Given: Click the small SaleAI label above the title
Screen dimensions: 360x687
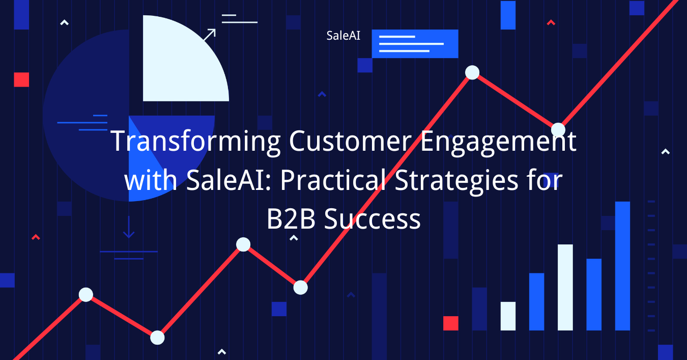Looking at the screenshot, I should [x=343, y=36].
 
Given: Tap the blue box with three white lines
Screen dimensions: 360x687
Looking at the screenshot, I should [x=415, y=44].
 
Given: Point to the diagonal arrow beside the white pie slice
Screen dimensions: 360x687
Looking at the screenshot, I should [x=209, y=35].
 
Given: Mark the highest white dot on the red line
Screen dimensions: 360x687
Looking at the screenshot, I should [x=472, y=72].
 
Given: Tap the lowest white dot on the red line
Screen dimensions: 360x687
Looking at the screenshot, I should [x=157, y=337].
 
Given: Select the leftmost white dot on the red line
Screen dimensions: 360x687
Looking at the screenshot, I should [x=86, y=294].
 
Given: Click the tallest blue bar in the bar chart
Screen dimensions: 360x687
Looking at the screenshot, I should [x=622, y=266].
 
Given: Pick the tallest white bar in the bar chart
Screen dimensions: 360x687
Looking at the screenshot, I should [x=565, y=287].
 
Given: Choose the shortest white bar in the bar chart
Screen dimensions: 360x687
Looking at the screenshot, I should [x=508, y=316].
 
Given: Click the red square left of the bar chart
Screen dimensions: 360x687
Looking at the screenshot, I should [x=450, y=323].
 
